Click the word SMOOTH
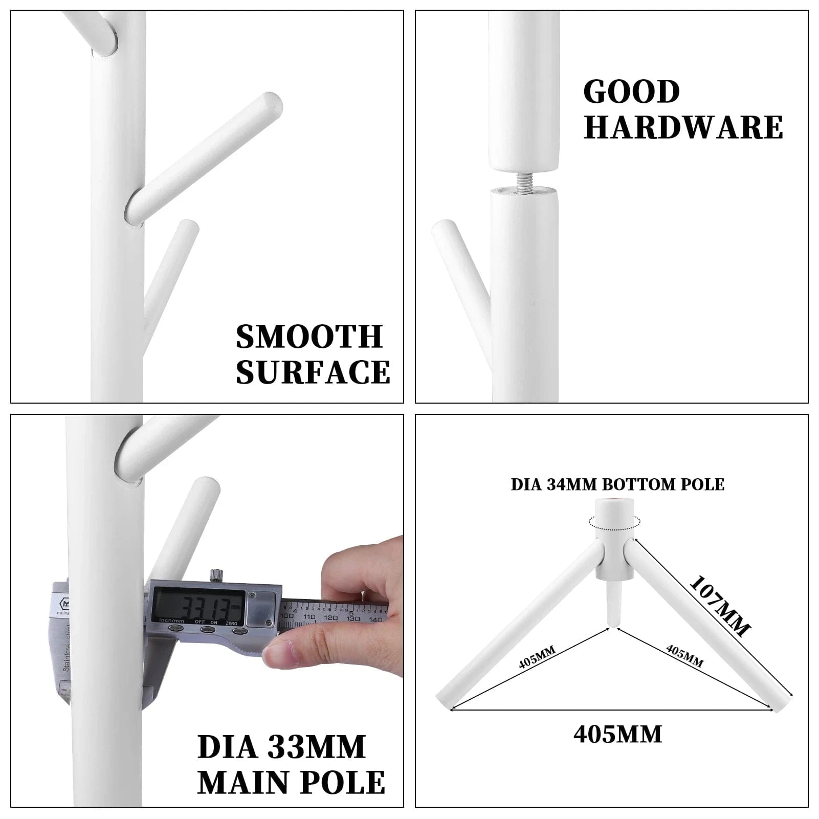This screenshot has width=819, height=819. pos(309,337)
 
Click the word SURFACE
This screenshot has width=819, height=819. pos(313,372)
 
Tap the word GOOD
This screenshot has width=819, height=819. pos(631,92)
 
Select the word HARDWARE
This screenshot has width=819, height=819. pos(683,127)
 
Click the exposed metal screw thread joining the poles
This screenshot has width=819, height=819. pos(523,182)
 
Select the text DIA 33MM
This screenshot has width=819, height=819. pos(281,747)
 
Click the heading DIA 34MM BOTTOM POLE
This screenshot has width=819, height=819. pos(617,485)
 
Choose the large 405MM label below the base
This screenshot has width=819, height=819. pos(617,735)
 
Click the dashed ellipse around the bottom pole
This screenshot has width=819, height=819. pos(614,522)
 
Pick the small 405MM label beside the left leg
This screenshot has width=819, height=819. pos(537,658)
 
